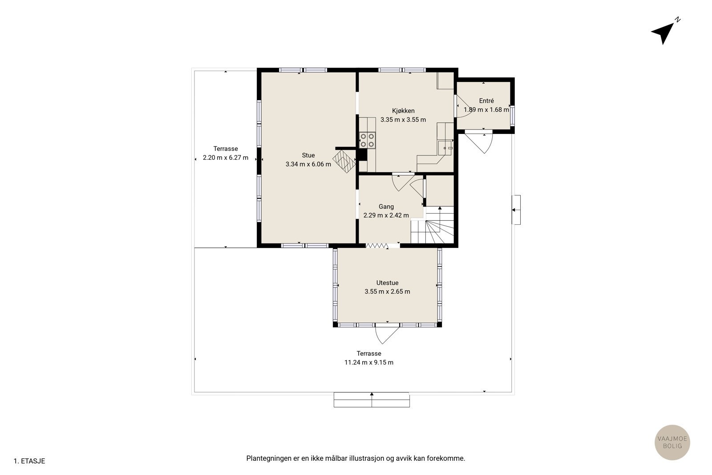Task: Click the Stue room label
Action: click(x=308, y=155)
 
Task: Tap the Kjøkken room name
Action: click(x=403, y=111)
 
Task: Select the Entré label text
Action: click(x=486, y=101)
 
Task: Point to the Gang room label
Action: click(x=386, y=207)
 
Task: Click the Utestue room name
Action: click(x=387, y=283)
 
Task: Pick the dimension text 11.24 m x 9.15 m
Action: click(x=369, y=362)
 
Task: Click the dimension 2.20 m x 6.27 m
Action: click(x=225, y=158)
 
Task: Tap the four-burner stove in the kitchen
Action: click(x=367, y=140)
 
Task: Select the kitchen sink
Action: click(x=445, y=148)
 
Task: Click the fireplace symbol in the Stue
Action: click(x=344, y=161)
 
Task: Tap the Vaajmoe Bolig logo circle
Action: click(x=672, y=442)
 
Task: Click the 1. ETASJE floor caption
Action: click(x=29, y=461)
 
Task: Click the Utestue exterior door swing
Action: click(x=387, y=335)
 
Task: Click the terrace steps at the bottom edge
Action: click(x=372, y=400)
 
